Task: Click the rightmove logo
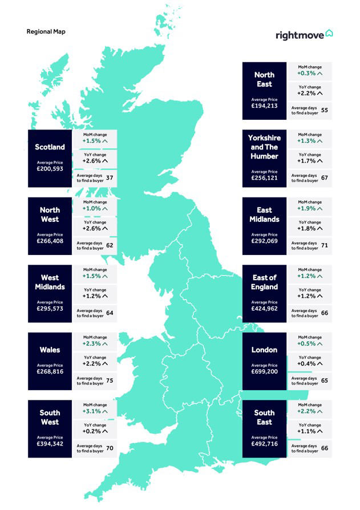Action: point(304,35)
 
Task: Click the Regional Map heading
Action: point(46,31)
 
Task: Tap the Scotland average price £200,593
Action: point(50,168)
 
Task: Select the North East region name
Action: point(264,79)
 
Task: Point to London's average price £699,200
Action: point(264,371)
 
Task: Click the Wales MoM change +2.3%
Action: point(95,343)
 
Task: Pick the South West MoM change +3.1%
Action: point(95,411)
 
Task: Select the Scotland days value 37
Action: point(110,178)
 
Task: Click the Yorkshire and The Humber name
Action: point(264,147)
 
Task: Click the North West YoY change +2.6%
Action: point(95,228)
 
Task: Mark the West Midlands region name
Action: point(50,282)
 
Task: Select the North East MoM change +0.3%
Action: point(310,73)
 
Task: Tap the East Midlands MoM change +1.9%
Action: point(310,208)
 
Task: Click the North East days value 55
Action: point(324,111)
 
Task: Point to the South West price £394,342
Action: point(50,443)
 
